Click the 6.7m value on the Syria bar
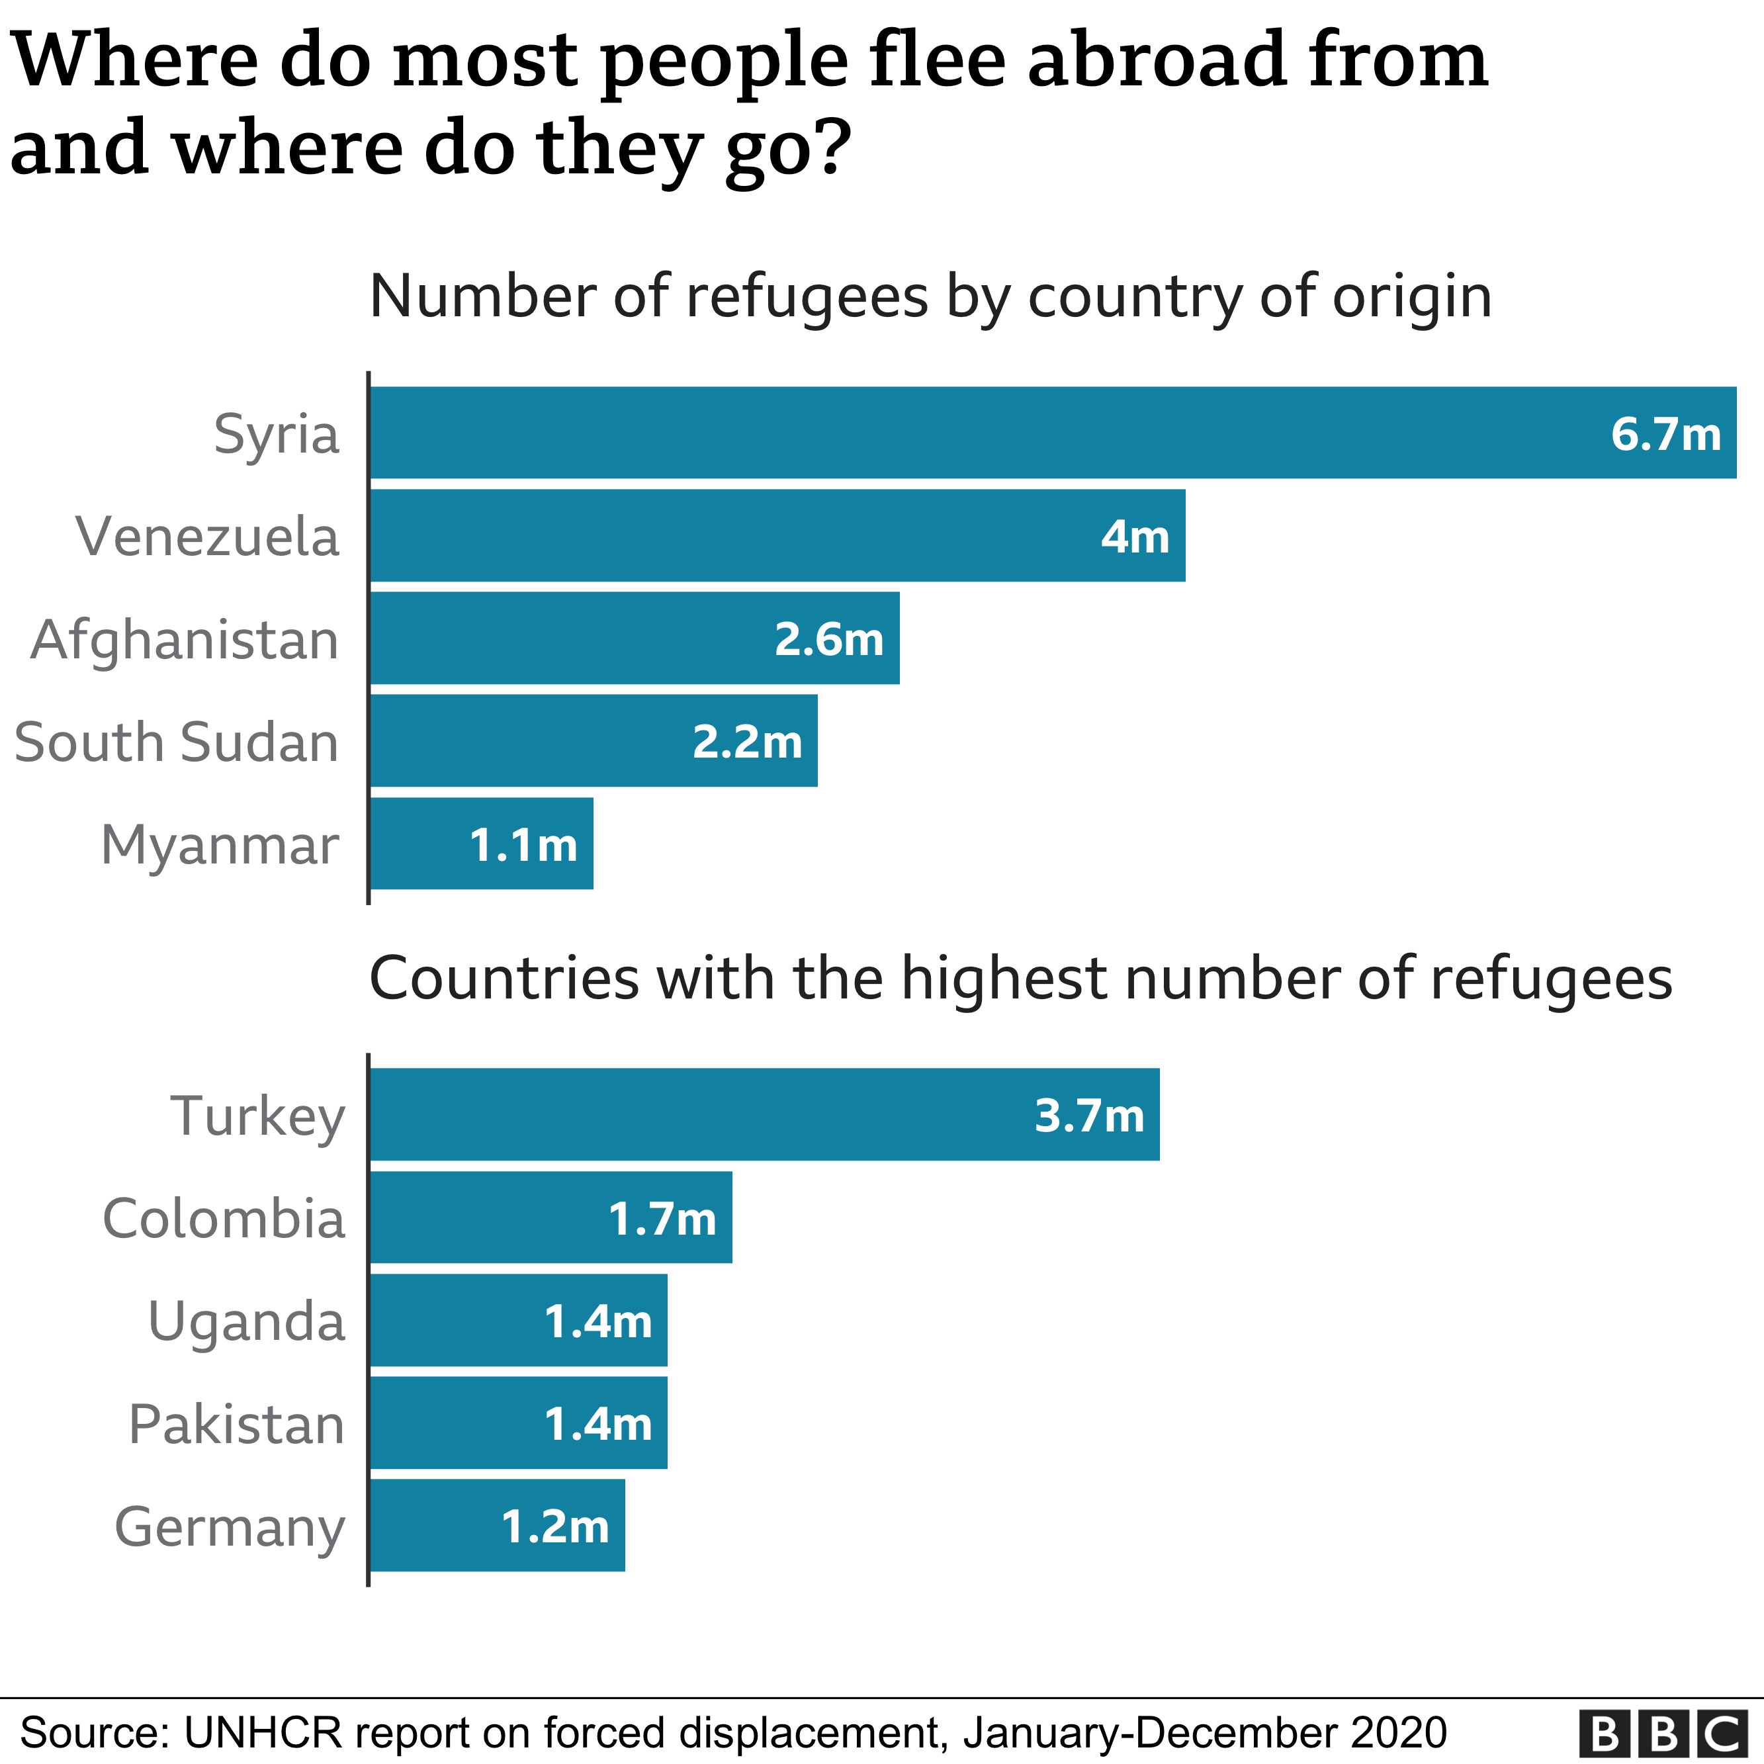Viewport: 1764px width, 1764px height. pyautogui.click(x=1665, y=433)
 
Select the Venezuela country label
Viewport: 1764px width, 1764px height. pyautogui.click(x=207, y=536)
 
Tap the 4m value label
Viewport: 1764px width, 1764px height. pyautogui.click(x=1134, y=537)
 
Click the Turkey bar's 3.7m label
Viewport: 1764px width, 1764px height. pyautogui.click(x=1088, y=1116)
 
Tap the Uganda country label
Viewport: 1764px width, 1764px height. pyautogui.click(x=247, y=1321)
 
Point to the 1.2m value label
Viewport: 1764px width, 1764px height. pyautogui.click(x=555, y=1526)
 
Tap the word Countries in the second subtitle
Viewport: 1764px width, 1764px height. pyautogui.click(x=504, y=979)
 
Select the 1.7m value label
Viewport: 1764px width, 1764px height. pyautogui.click(x=662, y=1219)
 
